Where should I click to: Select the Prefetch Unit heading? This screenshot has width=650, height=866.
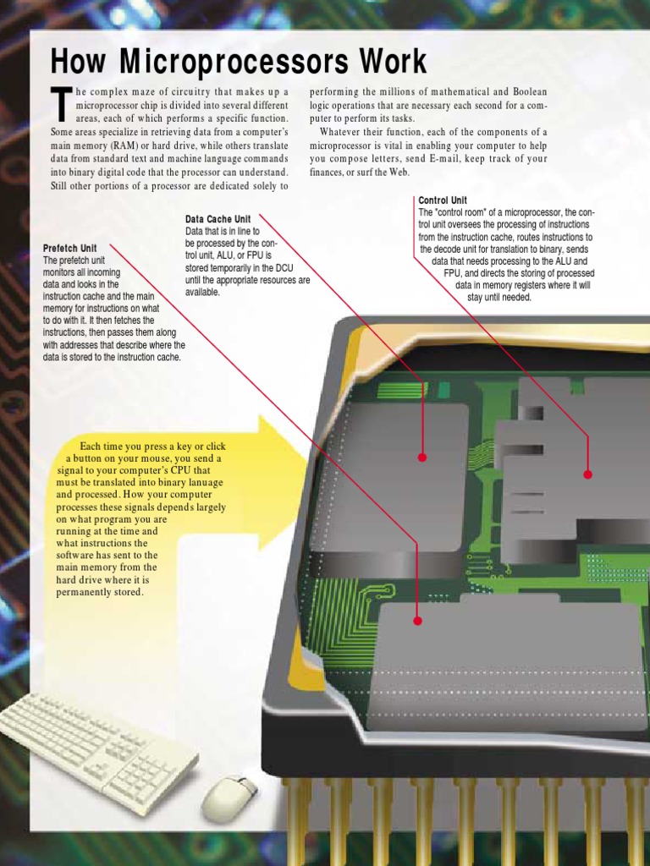[70, 249]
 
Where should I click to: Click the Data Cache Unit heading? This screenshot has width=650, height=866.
[218, 219]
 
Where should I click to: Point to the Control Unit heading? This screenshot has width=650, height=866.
[442, 200]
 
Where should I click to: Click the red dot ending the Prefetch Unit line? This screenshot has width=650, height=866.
[417, 621]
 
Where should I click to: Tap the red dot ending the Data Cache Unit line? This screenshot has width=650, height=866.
[422, 457]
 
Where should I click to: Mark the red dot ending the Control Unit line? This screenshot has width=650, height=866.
[588, 474]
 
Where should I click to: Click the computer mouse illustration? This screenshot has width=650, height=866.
[229, 797]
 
